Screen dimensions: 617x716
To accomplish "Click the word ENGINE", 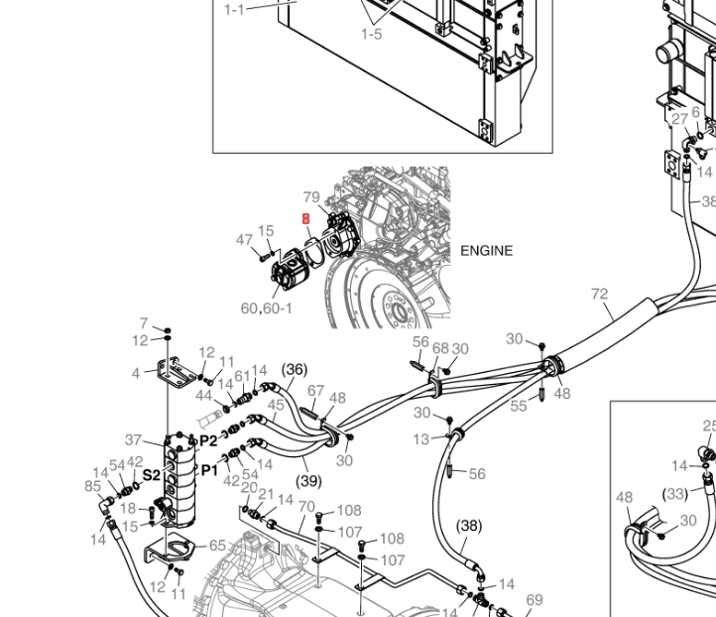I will [x=486, y=251].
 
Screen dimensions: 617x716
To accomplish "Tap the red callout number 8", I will [x=306, y=218].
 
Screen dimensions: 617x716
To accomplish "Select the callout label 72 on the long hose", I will [x=599, y=294].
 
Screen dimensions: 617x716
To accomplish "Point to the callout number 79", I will [x=310, y=197].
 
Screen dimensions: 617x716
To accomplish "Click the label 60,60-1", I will [x=267, y=308].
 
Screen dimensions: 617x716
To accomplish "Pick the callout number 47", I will [x=244, y=240].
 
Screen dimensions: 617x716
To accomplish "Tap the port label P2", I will [x=208, y=440].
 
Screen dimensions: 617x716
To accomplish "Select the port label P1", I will [x=209, y=470].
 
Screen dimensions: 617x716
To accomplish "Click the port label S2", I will [x=152, y=475].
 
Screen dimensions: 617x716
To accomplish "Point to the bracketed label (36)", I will [x=294, y=369].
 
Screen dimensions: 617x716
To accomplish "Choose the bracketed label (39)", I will [x=308, y=481].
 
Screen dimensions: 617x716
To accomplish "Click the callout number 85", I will [x=93, y=486].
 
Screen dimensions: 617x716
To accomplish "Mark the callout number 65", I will [x=217, y=546].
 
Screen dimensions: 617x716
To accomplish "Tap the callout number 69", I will [x=535, y=599].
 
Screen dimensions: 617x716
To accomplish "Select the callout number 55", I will [x=519, y=407].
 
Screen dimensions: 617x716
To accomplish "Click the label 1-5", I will [x=371, y=35].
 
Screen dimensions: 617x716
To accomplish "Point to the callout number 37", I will [x=134, y=440].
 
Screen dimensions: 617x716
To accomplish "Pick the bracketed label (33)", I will [x=674, y=493].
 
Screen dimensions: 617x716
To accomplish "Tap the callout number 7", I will [x=144, y=323].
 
